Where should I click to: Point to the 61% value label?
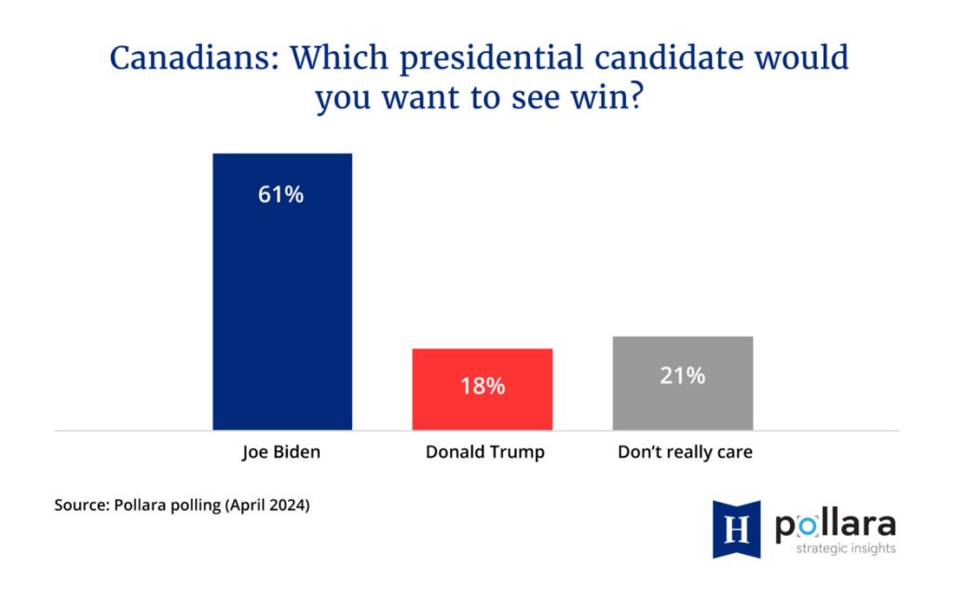tap(282, 196)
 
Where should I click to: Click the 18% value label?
tap(483, 386)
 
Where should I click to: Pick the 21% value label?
tap(683, 377)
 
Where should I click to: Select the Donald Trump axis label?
tap(484, 453)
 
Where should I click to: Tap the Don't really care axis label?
tap(685, 453)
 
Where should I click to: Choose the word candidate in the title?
tap(653, 58)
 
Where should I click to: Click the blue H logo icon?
tap(736, 530)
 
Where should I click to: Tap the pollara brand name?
tap(835, 524)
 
